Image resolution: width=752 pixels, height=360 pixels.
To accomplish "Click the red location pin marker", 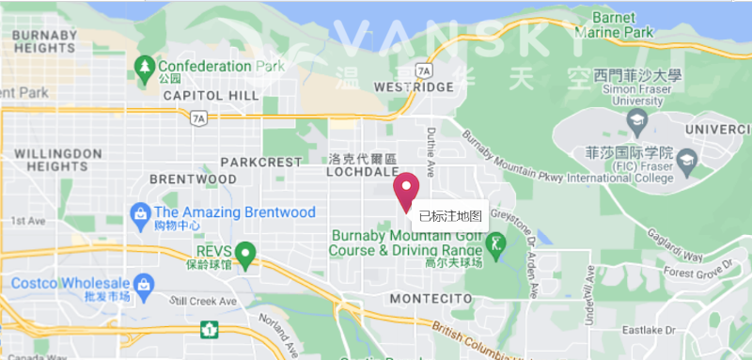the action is click(x=406, y=190).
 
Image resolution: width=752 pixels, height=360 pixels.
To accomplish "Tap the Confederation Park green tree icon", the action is click(x=144, y=68).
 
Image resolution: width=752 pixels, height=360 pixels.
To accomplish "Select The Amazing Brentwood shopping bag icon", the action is click(x=141, y=212).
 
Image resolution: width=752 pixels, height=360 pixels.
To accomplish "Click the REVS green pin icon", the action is click(x=245, y=253).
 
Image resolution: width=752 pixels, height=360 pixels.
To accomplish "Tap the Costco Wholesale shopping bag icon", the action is click(x=144, y=283).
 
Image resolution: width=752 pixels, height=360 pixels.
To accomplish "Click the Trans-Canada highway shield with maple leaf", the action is click(x=208, y=330).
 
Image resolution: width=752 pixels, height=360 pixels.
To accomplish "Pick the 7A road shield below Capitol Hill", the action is click(x=197, y=118).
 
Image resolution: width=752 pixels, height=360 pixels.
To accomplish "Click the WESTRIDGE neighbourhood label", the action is click(x=414, y=86).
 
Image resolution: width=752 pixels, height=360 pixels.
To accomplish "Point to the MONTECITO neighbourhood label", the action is click(x=431, y=298).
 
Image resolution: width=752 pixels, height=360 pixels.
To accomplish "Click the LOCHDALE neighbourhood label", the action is click(x=362, y=173).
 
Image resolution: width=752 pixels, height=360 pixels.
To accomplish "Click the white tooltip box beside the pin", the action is click(x=449, y=216).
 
